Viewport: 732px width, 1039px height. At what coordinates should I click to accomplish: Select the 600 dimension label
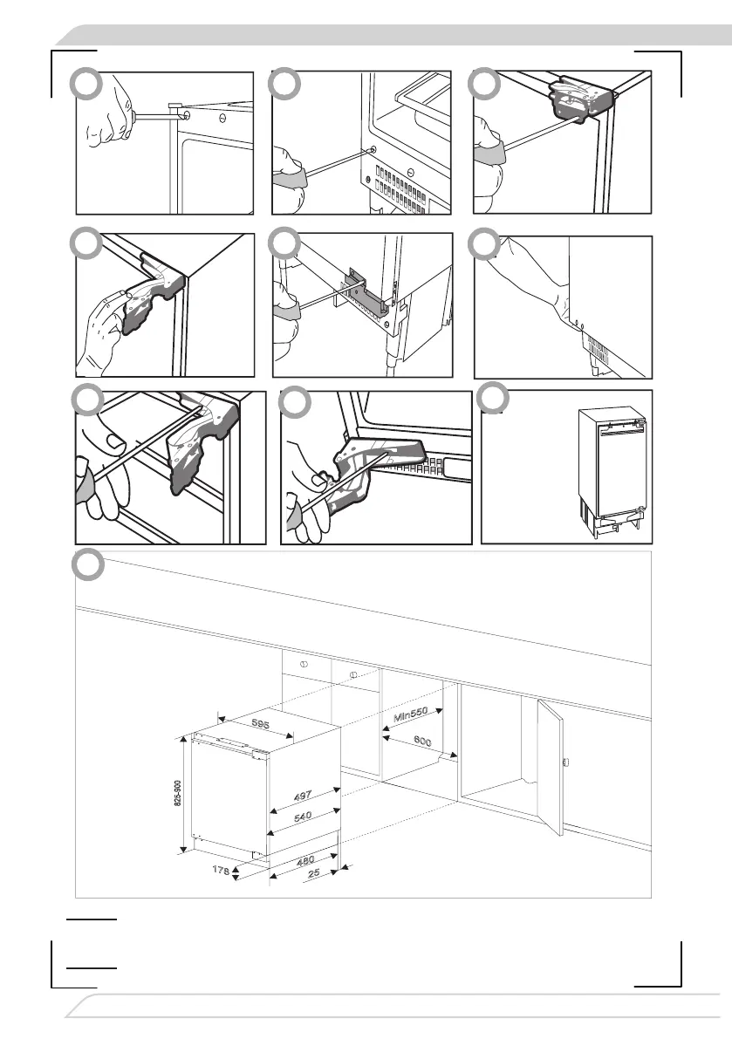[x=421, y=741]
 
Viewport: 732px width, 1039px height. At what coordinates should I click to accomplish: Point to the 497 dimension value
[x=302, y=795]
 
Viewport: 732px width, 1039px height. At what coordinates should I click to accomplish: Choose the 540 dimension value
[x=302, y=817]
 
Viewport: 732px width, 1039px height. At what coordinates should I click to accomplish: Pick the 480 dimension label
[x=304, y=861]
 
